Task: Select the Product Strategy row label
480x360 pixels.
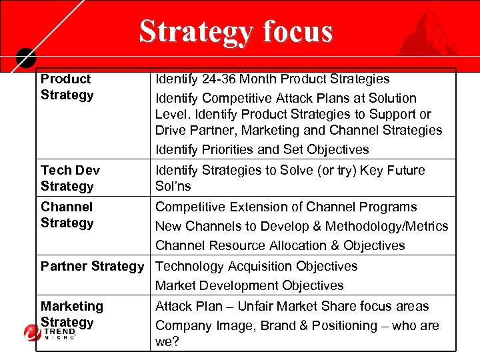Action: point(67,87)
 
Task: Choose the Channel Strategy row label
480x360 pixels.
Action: point(67,215)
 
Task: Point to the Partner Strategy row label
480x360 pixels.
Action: point(92,266)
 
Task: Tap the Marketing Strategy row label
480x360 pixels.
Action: point(72,314)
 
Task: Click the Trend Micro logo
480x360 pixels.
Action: point(50,332)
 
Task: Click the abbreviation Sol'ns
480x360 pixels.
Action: point(173,186)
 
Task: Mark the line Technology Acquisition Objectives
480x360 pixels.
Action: point(256,266)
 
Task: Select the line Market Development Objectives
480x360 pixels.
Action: point(249,285)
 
